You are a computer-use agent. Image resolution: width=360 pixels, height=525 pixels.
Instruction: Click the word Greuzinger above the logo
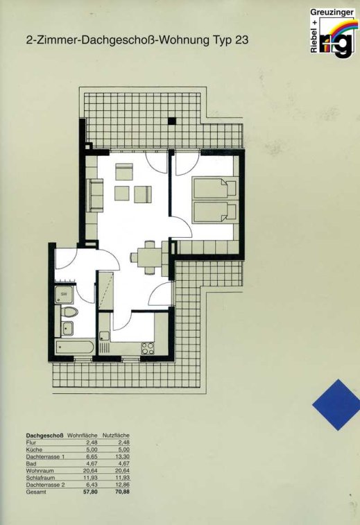(332, 12)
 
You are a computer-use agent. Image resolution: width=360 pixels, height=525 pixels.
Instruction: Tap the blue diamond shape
(336, 404)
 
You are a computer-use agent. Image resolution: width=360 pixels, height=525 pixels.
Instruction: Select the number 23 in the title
(241, 40)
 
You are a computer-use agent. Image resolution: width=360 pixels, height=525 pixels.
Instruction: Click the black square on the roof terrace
(172, 121)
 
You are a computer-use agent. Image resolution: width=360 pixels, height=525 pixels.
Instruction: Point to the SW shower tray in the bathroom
(64, 294)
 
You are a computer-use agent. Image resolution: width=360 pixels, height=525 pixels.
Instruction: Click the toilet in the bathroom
(69, 312)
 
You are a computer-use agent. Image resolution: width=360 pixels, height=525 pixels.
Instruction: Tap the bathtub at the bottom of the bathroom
(74, 347)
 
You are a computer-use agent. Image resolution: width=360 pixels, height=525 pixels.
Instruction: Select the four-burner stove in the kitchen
(148, 348)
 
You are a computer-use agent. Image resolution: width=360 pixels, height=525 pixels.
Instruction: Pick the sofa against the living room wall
(95, 195)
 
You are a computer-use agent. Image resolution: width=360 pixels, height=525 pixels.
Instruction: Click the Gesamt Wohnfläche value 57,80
(90, 492)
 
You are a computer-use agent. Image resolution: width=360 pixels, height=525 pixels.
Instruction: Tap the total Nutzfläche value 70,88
(122, 492)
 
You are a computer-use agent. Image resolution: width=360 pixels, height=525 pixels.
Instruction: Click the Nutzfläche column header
(116, 436)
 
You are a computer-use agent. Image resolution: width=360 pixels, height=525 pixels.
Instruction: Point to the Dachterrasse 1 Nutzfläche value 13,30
(123, 457)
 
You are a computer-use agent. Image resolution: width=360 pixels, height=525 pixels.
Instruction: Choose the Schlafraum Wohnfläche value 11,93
(90, 478)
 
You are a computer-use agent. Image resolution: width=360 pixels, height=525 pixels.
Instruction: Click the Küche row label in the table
(34, 449)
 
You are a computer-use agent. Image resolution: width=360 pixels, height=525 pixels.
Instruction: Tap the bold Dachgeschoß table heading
(45, 436)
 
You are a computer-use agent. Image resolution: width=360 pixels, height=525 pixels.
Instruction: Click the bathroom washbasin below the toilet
(67, 328)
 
